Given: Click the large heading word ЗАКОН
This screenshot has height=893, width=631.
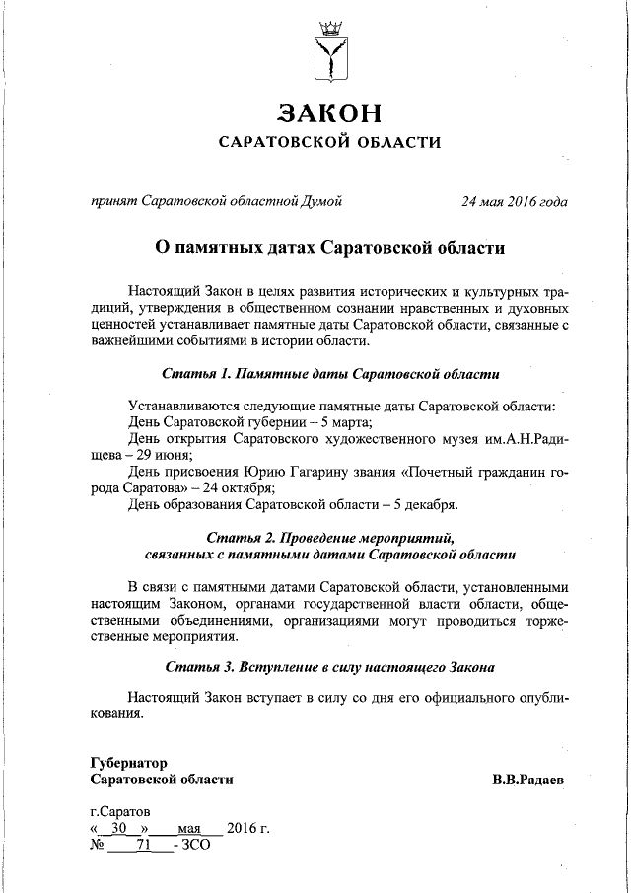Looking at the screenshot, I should (x=327, y=112).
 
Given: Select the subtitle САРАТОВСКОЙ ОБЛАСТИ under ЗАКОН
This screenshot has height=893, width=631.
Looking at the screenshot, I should (x=328, y=143).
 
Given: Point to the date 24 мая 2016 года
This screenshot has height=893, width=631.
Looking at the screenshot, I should (x=514, y=202).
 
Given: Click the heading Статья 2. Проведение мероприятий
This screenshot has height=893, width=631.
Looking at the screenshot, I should (x=329, y=538).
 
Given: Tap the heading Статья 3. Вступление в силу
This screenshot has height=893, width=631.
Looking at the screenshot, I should (x=329, y=667).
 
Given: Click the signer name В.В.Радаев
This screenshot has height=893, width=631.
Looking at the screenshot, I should (x=528, y=780).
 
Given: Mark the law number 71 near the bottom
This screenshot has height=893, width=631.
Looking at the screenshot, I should (x=142, y=845).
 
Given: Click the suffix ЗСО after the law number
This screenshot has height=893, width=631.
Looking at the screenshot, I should (x=196, y=845).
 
